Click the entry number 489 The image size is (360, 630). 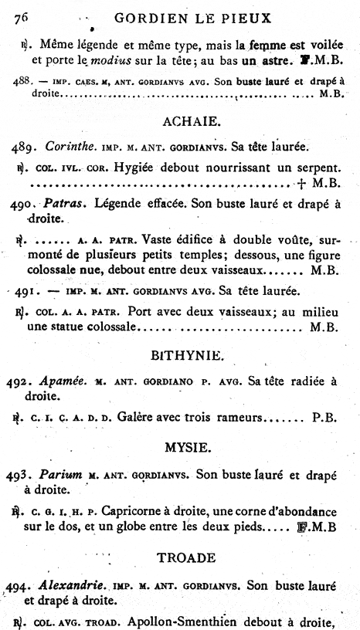coord(27,147)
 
